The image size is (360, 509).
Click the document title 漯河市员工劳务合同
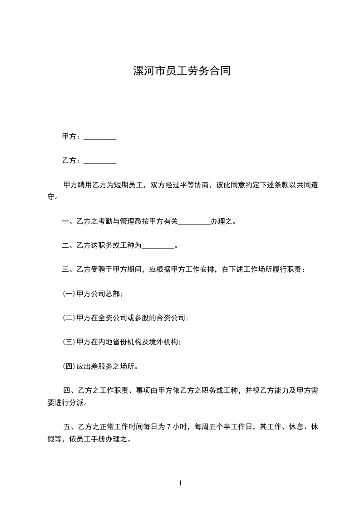click(182, 71)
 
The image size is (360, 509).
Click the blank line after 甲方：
click(100, 137)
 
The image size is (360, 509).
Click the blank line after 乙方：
click(100, 161)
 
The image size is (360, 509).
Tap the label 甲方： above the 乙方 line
click(72, 137)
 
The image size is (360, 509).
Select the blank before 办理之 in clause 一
click(194, 222)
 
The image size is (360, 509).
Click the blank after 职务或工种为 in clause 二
click(158, 246)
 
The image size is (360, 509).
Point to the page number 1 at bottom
click(180, 484)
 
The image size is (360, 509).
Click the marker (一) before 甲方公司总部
click(69, 294)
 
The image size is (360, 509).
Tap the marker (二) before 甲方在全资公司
click(69, 318)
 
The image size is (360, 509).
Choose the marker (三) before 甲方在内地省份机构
click(69, 342)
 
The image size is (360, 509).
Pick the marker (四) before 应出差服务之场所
click(69, 366)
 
